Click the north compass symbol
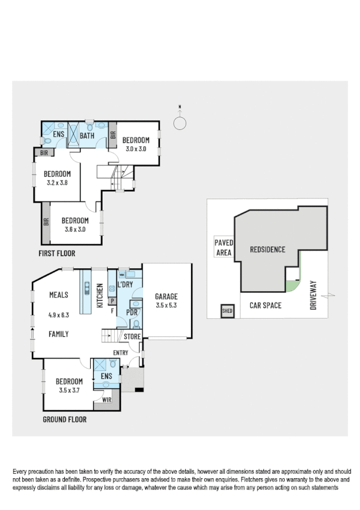point(179,123)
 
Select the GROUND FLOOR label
point(64,420)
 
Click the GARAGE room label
point(166,296)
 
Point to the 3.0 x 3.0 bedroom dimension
point(135,149)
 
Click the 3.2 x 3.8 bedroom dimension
point(57,183)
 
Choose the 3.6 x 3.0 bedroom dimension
point(75,229)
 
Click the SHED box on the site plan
point(227,311)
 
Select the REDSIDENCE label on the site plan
point(267,249)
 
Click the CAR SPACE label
point(266,306)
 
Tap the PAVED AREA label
point(223,248)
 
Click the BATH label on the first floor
point(88,135)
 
